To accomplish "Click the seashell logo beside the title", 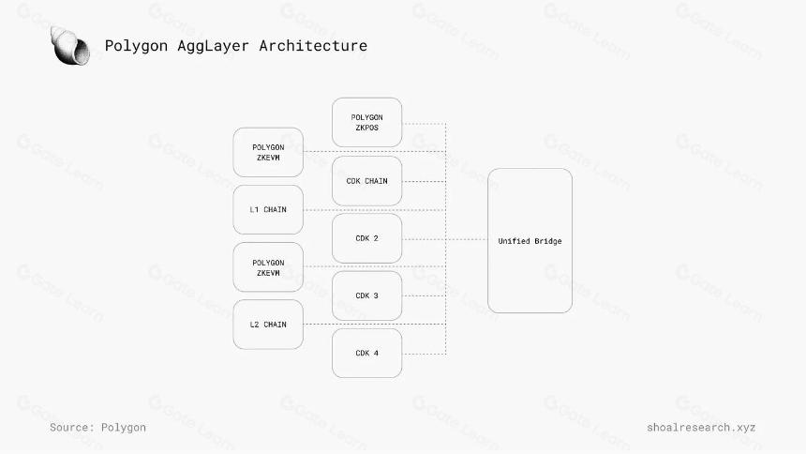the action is [70, 46].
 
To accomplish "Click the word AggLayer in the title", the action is [213, 46].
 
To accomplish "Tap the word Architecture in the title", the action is [313, 45].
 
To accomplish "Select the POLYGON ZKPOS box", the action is [367, 123].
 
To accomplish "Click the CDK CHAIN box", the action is [367, 181].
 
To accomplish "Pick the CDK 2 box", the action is [367, 238].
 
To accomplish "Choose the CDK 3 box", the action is [367, 296].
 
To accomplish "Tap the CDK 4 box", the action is [367, 353].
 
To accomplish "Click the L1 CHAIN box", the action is [268, 209].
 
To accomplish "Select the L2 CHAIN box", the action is [268, 325].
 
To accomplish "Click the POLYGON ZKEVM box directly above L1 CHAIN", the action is [268, 152].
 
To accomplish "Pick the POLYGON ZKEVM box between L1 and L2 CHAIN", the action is [268, 267].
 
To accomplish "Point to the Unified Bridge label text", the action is [530, 241].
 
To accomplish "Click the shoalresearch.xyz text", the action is [701, 427].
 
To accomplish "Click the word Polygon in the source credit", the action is [124, 428].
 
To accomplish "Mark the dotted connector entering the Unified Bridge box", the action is [467, 239].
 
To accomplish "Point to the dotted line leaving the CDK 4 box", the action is [424, 355].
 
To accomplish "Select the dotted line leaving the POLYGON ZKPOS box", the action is [424, 124].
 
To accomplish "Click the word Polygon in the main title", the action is [136, 46].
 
